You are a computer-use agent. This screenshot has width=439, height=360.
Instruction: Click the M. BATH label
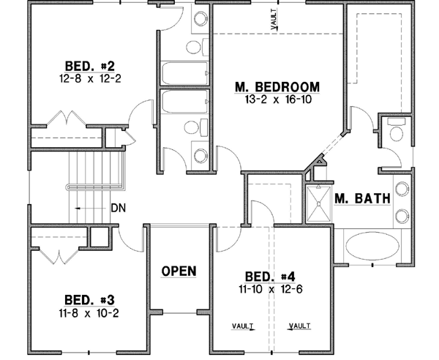pyautogui.click(x=361, y=198)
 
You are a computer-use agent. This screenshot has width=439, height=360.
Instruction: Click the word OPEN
pyautogui.click(x=179, y=271)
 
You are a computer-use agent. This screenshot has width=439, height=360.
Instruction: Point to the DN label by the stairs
pyautogui.click(x=117, y=208)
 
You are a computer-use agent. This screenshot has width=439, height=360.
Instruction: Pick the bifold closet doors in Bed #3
pyautogui.click(x=56, y=256)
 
